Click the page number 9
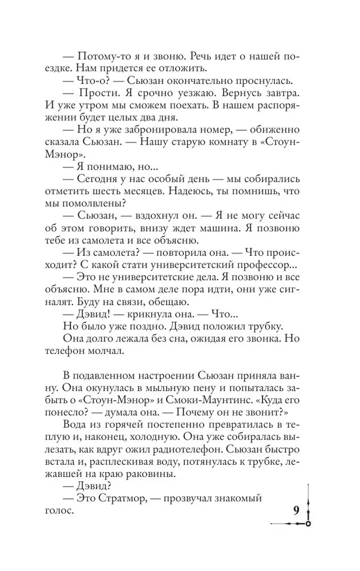(x=296, y=510)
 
